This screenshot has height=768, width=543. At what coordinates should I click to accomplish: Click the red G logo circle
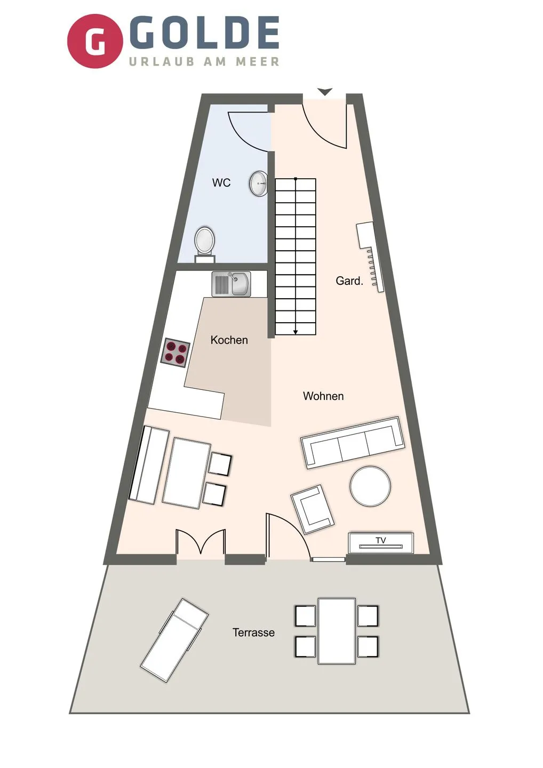(95, 41)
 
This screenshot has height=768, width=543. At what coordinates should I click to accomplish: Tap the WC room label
(221, 182)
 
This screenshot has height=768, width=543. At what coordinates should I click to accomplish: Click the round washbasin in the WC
(259, 183)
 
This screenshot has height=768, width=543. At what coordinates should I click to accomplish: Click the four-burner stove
(175, 353)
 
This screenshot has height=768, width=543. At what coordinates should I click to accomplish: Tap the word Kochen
(229, 340)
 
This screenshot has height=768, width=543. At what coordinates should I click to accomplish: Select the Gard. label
(349, 281)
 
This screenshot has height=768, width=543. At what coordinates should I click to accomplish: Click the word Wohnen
(323, 396)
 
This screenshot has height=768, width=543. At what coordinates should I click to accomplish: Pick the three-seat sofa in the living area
(353, 443)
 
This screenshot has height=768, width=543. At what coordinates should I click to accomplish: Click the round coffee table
(370, 486)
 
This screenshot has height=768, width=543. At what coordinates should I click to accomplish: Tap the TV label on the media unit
(381, 540)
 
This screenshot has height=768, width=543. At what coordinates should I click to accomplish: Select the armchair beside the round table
(313, 509)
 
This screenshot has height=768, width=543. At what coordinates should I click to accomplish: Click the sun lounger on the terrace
(174, 640)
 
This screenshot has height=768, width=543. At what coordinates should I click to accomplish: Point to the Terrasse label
(253, 633)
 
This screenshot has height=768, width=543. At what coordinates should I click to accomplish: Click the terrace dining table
(337, 631)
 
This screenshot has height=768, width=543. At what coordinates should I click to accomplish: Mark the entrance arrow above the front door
(325, 92)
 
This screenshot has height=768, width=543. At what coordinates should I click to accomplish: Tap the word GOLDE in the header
(204, 33)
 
